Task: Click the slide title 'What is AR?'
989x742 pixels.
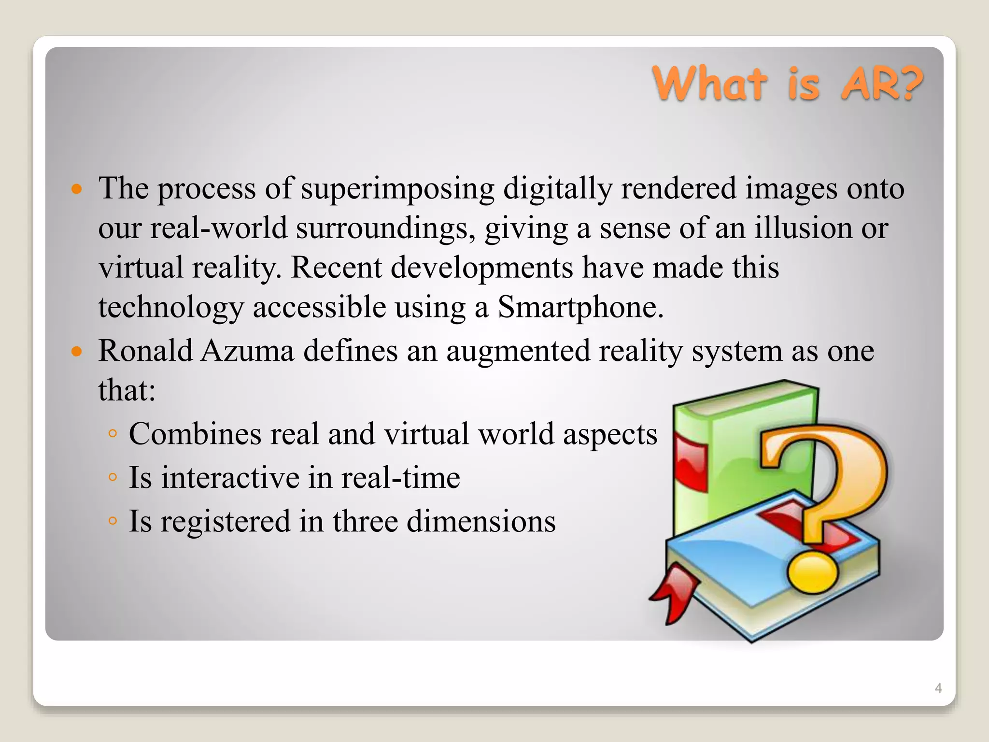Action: (787, 84)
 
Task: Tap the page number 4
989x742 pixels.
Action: (938, 688)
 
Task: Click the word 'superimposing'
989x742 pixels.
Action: (398, 188)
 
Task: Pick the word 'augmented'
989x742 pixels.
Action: (518, 351)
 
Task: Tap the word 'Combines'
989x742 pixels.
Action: (195, 433)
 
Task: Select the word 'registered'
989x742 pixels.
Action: (226, 522)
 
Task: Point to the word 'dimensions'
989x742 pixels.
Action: (481, 521)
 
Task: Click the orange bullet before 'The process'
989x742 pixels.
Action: (77, 188)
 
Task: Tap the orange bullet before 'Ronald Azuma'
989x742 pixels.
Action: (77, 351)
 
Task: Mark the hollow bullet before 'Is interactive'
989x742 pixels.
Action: (113, 478)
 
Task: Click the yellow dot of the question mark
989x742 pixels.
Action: (813, 572)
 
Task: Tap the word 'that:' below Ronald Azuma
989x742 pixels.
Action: (127, 390)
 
